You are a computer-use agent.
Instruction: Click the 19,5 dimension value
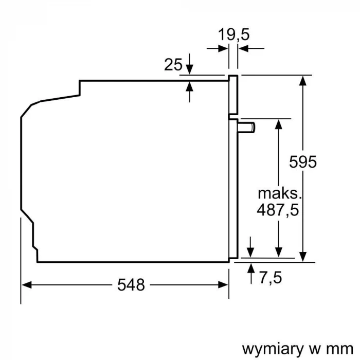click(233, 34)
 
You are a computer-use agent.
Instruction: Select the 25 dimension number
click(173, 64)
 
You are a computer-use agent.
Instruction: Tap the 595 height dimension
click(303, 162)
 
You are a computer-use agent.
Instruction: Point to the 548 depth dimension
click(131, 285)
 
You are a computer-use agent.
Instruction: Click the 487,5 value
click(278, 210)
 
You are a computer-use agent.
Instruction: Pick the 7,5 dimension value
click(271, 278)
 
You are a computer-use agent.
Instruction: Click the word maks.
click(279, 193)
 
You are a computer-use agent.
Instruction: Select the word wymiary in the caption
click(273, 350)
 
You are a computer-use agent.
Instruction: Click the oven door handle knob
click(246, 128)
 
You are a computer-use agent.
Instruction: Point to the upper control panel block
click(233, 95)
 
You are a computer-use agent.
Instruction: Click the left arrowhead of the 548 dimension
click(26, 285)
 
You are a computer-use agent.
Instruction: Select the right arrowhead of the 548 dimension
click(223, 285)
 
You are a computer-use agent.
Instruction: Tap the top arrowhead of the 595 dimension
click(303, 81)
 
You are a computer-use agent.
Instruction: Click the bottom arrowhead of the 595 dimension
click(303, 257)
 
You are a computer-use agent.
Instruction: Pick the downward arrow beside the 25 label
click(189, 64)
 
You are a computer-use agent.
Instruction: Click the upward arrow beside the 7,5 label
click(251, 274)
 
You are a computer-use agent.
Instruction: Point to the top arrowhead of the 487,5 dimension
click(279, 124)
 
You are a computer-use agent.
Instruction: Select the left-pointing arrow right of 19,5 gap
click(251, 48)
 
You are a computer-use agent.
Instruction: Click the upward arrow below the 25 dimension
click(189, 92)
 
